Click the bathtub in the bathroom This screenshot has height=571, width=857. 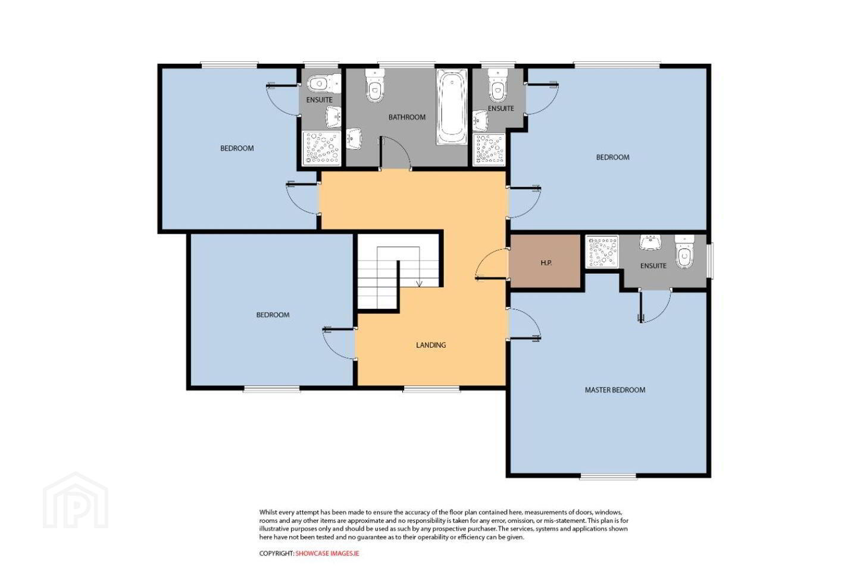pyautogui.click(x=452, y=106)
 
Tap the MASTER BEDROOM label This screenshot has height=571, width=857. pyautogui.click(x=615, y=390)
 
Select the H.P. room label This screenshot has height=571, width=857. pyautogui.click(x=546, y=263)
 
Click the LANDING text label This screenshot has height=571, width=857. pyautogui.click(x=431, y=345)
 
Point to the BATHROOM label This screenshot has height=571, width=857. pyautogui.click(x=406, y=117)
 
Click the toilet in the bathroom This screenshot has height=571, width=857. pyautogui.click(x=374, y=86)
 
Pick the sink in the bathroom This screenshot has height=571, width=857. pyautogui.click(x=354, y=139)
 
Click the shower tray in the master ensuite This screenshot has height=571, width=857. pyautogui.click(x=602, y=251)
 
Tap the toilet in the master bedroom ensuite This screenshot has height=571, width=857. pyautogui.click(x=684, y=252)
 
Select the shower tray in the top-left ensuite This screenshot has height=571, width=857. pyautogui.click(x=321, y=149)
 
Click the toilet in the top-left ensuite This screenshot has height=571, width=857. pyautogui.click(x=324, y=83)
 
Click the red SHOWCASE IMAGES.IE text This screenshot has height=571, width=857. pyautogui.click(x=327, y=553)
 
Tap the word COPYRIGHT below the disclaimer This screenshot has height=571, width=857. pyautogui.click(x=277, y=553)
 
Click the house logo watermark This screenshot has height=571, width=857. pyautogui.click(x=76, y=501)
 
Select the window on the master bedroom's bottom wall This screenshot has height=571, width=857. pyautogui.click(x=608, y=476)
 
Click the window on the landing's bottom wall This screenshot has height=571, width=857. pyautogui.click(x=431, y=389)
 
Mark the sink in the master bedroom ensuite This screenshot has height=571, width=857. pyautogui.click(x=650, y=243)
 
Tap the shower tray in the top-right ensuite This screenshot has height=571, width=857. pyautogui.click(x=489, y=149)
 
